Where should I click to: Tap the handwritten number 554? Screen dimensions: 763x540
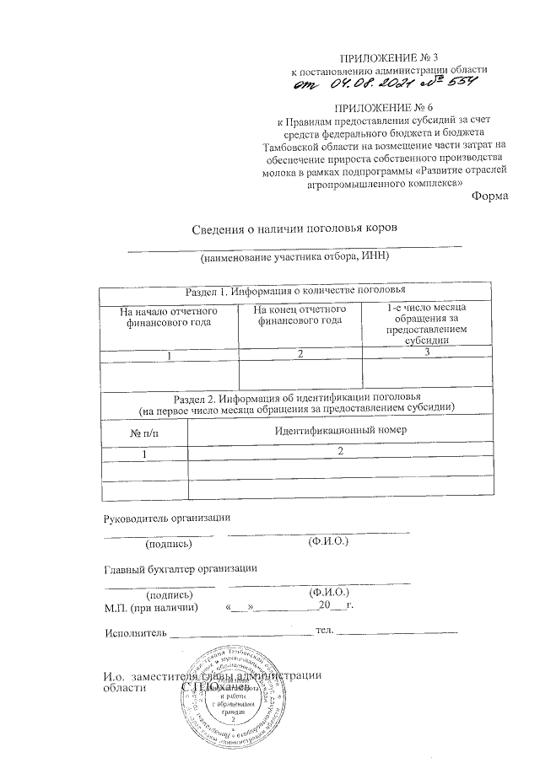(460, 82)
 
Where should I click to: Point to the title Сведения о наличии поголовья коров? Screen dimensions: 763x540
(293, 228)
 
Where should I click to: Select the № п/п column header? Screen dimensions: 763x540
(143, 433)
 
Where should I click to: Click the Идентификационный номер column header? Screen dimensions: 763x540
(341, 430)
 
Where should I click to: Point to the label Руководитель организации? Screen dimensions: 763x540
(166, 517)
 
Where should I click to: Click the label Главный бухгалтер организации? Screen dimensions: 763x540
(180, 569)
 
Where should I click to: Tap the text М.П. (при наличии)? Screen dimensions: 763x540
(151, 606)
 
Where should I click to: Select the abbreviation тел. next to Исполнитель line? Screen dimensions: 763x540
(325, 630)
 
